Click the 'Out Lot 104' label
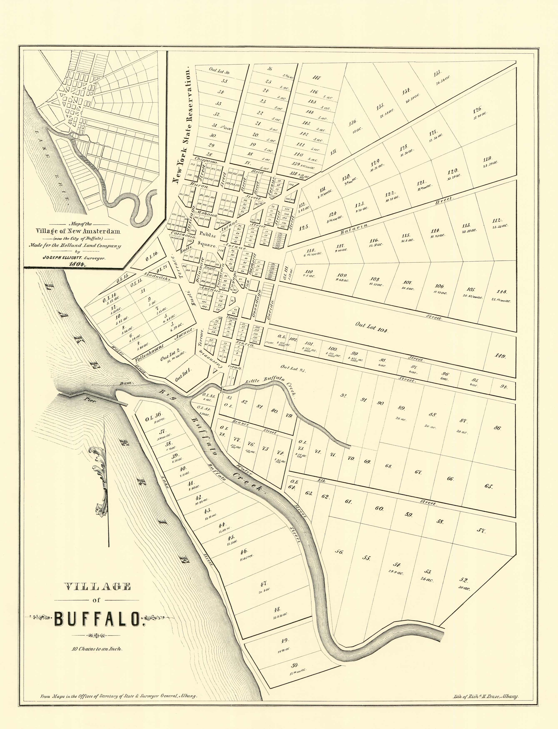(371, 327)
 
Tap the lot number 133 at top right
(437, 73)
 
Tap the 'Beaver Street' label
(254, 427)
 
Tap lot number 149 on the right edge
(500, 356)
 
